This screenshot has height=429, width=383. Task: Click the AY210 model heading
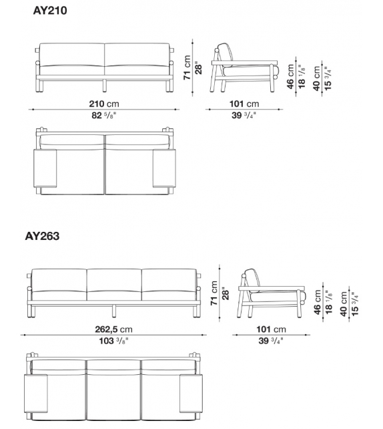point(50,11)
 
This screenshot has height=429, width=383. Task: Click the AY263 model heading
point(42,236)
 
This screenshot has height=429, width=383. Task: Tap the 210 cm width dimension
point(104,104)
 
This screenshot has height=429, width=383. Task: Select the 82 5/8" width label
point(104,116)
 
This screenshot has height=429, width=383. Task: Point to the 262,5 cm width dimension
point(113,329)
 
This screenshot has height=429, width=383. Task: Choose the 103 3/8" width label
point(113,341)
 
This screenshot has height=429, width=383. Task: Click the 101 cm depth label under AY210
point(244,104)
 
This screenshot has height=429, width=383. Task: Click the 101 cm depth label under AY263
point(271,329)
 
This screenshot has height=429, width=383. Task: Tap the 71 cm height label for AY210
point(187,67)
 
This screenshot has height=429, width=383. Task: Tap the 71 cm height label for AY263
point(214,293)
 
